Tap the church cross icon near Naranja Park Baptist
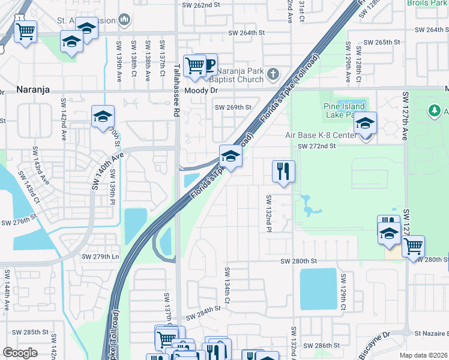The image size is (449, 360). (273, 74)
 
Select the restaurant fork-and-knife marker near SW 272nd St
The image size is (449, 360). (283, 171)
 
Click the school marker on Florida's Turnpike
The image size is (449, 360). (231, 157)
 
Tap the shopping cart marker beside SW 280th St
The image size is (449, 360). (412, 245)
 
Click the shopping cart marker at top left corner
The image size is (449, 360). (25, 31)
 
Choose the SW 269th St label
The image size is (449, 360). (233, 107)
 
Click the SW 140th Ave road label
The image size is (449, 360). (107, 172)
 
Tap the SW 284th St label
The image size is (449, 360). (203, 311)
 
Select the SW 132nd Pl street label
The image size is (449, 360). (269, 213)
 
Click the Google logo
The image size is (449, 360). (20, 352)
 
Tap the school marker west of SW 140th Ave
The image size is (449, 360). (103, 117)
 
